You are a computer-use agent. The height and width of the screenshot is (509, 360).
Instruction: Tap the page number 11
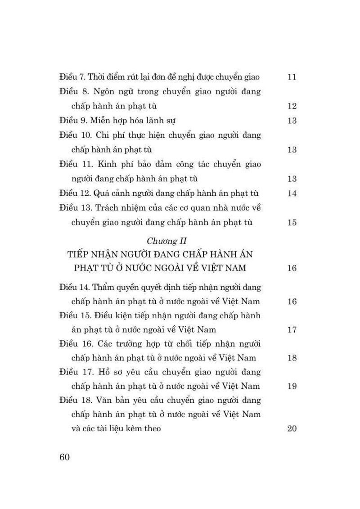pyautogui.click(x=292, y=77)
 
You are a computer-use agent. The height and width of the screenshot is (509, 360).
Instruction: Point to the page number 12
pyautogui.click(x=292, y=106)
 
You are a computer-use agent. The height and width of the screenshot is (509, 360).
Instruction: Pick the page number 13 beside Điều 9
pyautogui.click(x=292, y=121)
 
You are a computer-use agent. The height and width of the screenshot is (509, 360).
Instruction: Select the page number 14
pyautogui.click(x=292, y=194)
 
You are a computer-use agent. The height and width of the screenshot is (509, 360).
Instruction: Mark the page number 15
pyautogui.click(x=292, y=222)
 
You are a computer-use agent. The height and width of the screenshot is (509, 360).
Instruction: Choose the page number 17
pyautogui.click(x=292, y=330)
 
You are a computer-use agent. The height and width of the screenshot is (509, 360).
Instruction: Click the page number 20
pyautogui.click(x=292, y=428)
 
